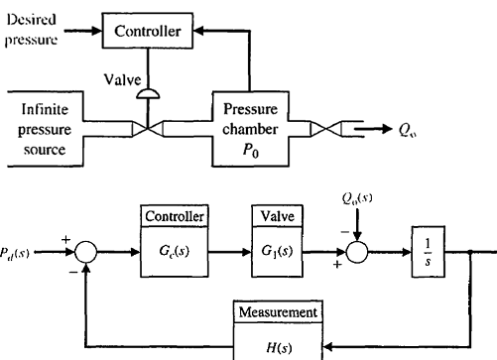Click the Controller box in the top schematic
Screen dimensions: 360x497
pyautogui.click(x=148, y=32)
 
